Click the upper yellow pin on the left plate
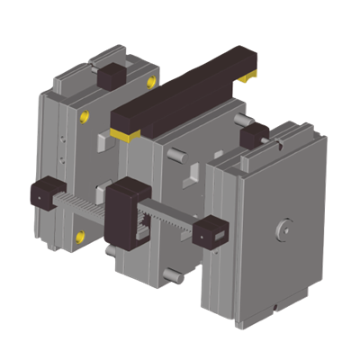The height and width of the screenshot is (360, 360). pyautogui.click(x=85, y=115)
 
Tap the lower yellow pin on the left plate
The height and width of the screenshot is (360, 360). pyautogui.click(x=81, y=236)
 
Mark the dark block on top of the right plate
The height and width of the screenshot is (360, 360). pyautogui.click(x=255, y=134)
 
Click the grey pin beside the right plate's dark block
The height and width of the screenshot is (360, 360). pyautogui.click(x=240, y=121)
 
